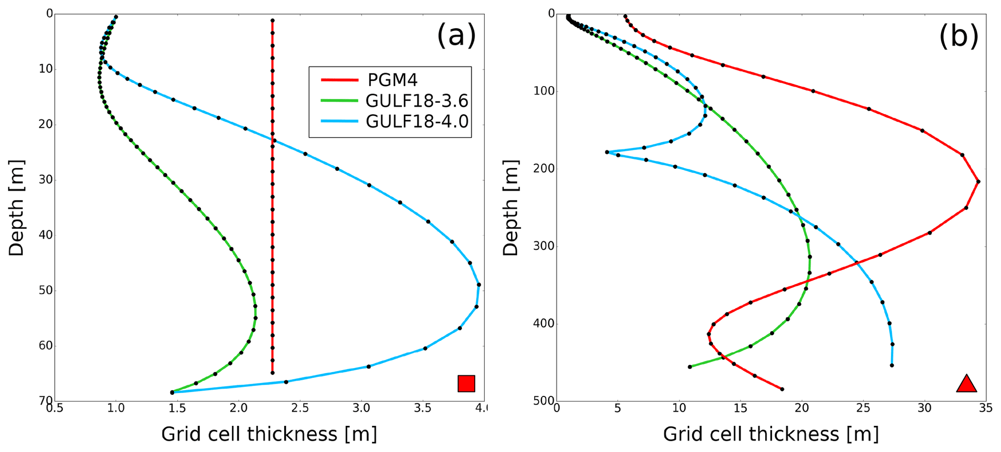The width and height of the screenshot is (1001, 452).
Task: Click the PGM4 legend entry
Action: click(x=392, y=79)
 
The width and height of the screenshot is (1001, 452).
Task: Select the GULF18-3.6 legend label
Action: click(x=416, y=101)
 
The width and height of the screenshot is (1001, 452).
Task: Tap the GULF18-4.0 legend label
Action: click(x=416, y=121)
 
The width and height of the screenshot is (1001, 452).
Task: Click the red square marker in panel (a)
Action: click(x=466, y=383)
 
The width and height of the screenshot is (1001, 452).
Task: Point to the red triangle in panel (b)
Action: click(x=966, y=384)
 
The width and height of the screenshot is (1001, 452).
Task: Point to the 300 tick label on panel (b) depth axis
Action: click(x=540, y=246)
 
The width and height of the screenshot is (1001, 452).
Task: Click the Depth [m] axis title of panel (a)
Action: click(x=16, y=208)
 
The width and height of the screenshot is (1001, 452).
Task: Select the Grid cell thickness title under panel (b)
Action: click(x=770, y=434)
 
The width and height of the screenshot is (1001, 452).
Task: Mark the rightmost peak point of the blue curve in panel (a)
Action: click(x=478, y=285)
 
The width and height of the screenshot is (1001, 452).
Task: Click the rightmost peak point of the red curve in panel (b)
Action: click(x=978, y=181)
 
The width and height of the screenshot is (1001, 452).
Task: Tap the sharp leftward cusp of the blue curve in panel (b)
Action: click(x=607, y=152)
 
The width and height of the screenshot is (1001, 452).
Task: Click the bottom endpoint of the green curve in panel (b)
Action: click(x=690, y=366)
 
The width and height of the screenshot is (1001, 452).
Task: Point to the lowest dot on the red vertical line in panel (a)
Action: click(x=272, y=373)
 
